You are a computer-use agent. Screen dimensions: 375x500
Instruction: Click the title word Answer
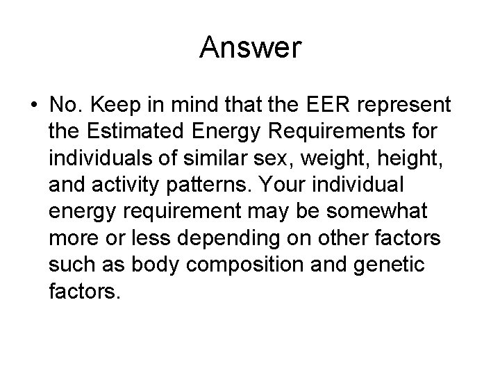point(250,47)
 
